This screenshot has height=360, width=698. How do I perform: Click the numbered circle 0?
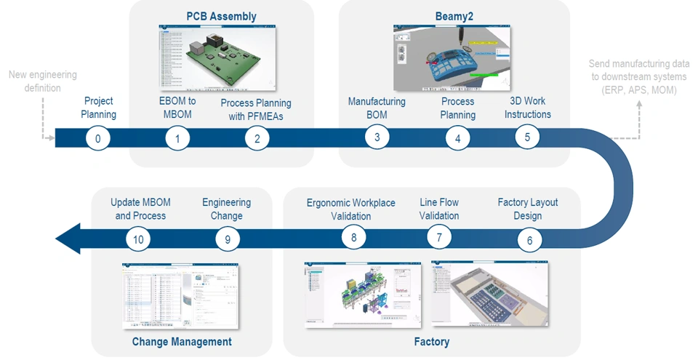pos(97,138)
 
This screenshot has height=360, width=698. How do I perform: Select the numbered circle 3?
pos(377,137)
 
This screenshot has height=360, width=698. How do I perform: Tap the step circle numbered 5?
pos(528,135)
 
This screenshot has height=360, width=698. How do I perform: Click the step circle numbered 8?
pos(353,237)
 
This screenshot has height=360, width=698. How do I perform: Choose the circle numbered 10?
pos(137,238)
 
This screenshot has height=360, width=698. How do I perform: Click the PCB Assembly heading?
pos(221,16)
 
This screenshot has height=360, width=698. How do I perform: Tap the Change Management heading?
pos(182,341)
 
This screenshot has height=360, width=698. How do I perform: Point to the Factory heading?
pos(432,341)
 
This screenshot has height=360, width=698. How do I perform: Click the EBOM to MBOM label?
pos(177,108)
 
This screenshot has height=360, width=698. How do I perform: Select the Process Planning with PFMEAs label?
pos(256,108)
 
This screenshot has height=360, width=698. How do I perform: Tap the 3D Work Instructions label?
pos(527,108)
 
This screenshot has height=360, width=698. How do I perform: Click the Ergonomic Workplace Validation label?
pos(351,209)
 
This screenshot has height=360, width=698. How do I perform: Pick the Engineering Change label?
pos(226,209)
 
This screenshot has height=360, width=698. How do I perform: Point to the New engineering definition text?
pos(43,81)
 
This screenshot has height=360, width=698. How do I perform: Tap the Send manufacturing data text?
pos(638,77)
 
